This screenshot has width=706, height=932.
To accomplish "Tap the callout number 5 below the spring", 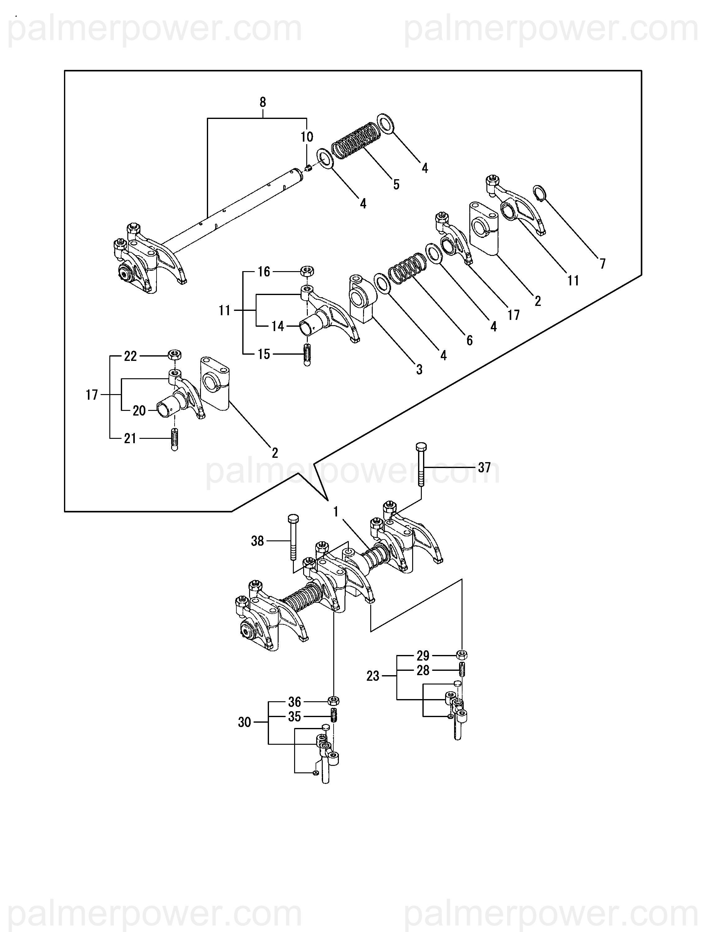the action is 396,184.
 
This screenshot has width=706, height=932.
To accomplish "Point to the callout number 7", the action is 603,264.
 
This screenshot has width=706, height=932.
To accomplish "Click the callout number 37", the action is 485,467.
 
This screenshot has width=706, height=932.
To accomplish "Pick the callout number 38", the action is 257,541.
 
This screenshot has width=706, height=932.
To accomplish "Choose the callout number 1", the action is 336,512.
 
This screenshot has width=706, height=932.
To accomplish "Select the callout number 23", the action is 373,676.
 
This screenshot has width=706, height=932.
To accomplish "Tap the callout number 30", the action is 244,723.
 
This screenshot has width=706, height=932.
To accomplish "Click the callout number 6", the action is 470,340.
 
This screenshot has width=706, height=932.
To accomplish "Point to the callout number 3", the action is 419,370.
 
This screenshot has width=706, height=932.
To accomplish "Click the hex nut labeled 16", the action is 307,271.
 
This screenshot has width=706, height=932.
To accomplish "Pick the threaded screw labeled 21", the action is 175,439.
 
